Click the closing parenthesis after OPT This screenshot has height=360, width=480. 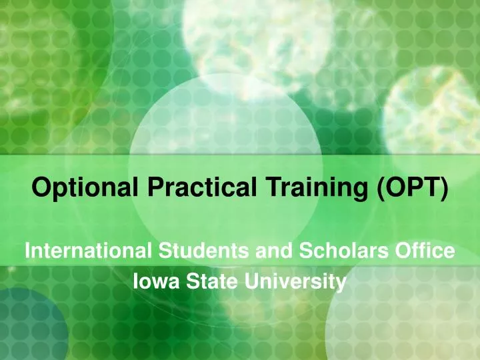(443, 189)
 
